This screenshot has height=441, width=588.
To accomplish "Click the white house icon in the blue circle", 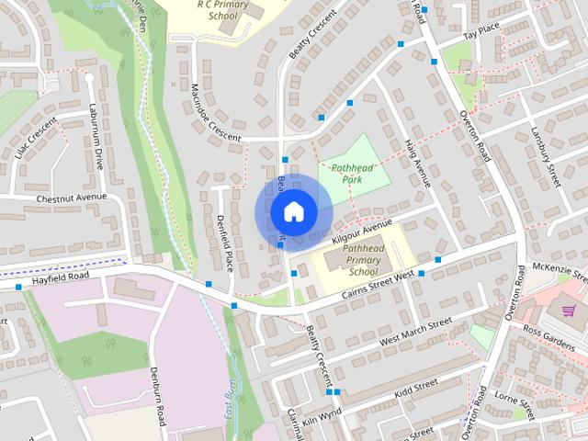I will [x=293, y=212].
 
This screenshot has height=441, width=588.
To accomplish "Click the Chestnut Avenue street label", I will [x=72, y=198].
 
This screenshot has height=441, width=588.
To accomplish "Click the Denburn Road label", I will [x=157, y=395].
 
